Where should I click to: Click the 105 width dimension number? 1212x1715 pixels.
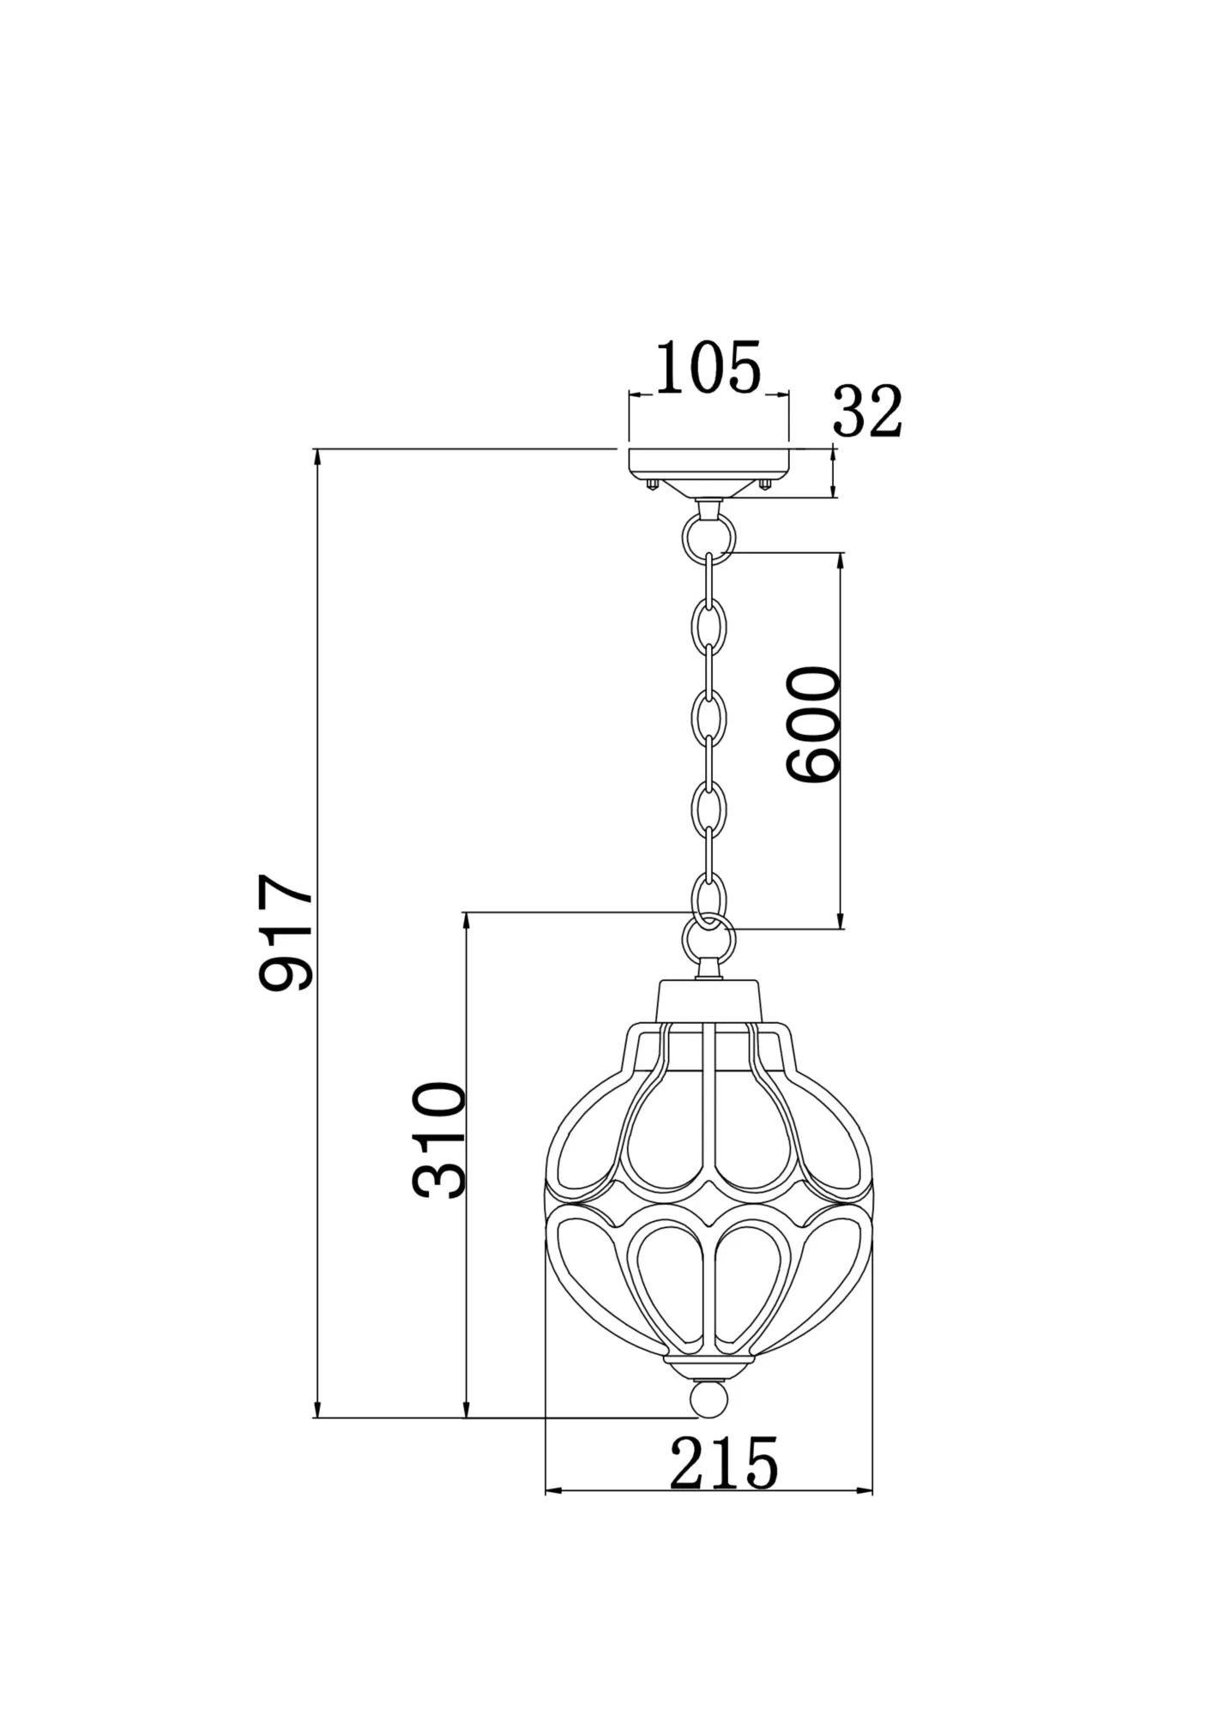click(x=709, y=369)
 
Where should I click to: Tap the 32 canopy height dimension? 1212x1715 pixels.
click(x=867, y=412)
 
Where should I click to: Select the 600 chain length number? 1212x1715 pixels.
click(x=814, y=725)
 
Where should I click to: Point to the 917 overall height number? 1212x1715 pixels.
click(x=288, y=933)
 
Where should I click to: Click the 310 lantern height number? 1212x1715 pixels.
click(x=439, y=1140)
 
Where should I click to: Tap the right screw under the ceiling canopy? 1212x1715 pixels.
click(x=764, y=485)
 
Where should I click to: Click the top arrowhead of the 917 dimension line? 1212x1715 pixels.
click(x=318, y=458)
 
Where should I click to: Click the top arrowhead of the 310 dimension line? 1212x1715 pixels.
click(x=467, y=921)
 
